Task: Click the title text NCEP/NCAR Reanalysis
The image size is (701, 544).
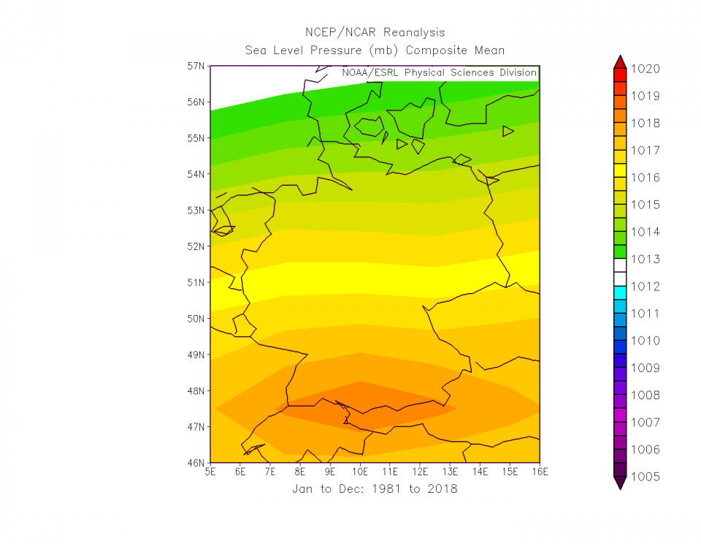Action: coord(375,32)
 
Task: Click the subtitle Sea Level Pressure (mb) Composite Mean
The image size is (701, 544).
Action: coord(375,50)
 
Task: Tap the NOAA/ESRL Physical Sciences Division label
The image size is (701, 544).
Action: coord(439,73)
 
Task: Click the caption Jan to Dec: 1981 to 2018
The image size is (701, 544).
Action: coord(375,488)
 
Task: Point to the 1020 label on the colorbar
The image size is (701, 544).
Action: coord(646,69)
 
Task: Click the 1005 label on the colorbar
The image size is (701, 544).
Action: coord(646,477)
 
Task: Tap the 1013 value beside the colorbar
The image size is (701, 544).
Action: coord(646,259)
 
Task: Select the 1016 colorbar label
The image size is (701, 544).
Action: coord(646,178)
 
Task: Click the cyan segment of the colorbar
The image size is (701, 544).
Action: coord(620,292)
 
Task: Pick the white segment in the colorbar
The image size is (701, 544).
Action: coord(620,272)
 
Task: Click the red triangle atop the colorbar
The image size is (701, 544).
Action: coord(620,61)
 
